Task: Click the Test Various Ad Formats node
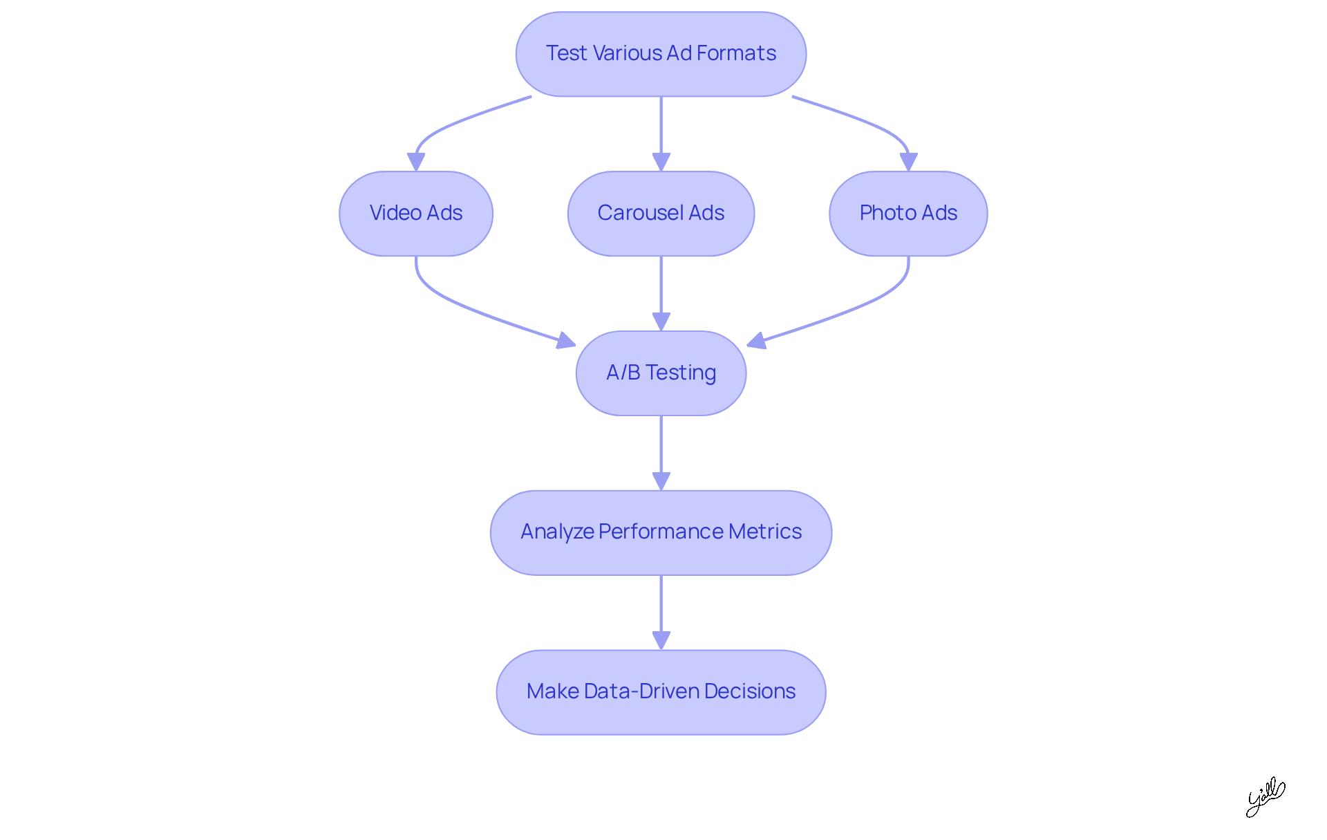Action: pos(661,54)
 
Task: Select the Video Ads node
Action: pos(415,213)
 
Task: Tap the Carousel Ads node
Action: pos(661,213)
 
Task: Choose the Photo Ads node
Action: pos(907,213)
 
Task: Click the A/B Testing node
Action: pos(661,373)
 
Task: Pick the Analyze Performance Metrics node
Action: pos(661,532)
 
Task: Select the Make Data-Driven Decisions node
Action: pos(661,691)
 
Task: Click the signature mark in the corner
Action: pos(1265,796)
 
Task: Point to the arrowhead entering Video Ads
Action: pos(416,162)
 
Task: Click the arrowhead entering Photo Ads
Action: pos(908,162)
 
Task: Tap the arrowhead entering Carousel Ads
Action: pos(661,162)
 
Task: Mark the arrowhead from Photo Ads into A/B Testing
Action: pos(756,340)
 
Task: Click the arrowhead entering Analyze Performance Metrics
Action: pos(661,480)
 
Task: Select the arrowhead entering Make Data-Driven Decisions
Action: pos(661,640)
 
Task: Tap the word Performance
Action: pos(661,532)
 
